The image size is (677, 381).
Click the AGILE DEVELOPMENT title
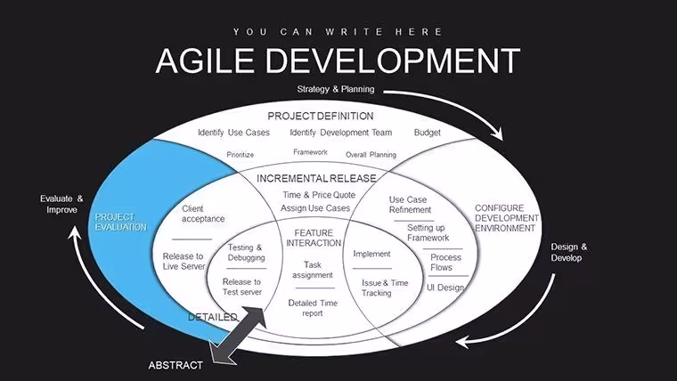pyautogui.click(x=338, y=61)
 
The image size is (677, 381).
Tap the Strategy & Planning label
pyautogui.click(x=336, y=89)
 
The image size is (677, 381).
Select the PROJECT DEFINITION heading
pyautogui.click(x=321, y=116)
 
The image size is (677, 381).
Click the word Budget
pyautogui.click(x=427, y=133)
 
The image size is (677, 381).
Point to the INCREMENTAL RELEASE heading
pyautogui.click(x=316, y=178)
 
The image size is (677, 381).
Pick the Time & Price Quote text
pyautogui.click(x=319, y=195)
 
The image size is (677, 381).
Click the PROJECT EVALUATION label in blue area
pyautogui.click(x=121, y=223)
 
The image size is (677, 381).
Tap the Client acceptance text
pyautogui.click(x=203, y=214)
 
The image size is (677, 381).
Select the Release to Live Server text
pyautogui.click(x=184, y=262)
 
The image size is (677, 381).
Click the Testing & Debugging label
pyautogui.click(x=246, y=253)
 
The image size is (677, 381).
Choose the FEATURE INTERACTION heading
pyautogui.click(x=314, y=238)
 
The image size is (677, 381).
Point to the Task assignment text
pyautogui.click(x=312, y=270)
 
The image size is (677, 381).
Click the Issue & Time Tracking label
pyautogui.click(x=385, y=288)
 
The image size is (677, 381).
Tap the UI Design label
pyautogui.click(x=445, y=288)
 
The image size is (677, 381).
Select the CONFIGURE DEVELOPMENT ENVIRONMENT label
pyautogui.click(x=507, y=218)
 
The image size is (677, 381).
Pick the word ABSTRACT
pyautogui.click(x=175, y=366)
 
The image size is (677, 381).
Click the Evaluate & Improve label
pyautogui.click(x=61, y=204)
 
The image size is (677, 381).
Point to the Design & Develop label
pyautogui.click(x=568, y=253)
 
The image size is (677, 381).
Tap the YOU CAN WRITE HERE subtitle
pyautogui.click(x=338, y=32)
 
